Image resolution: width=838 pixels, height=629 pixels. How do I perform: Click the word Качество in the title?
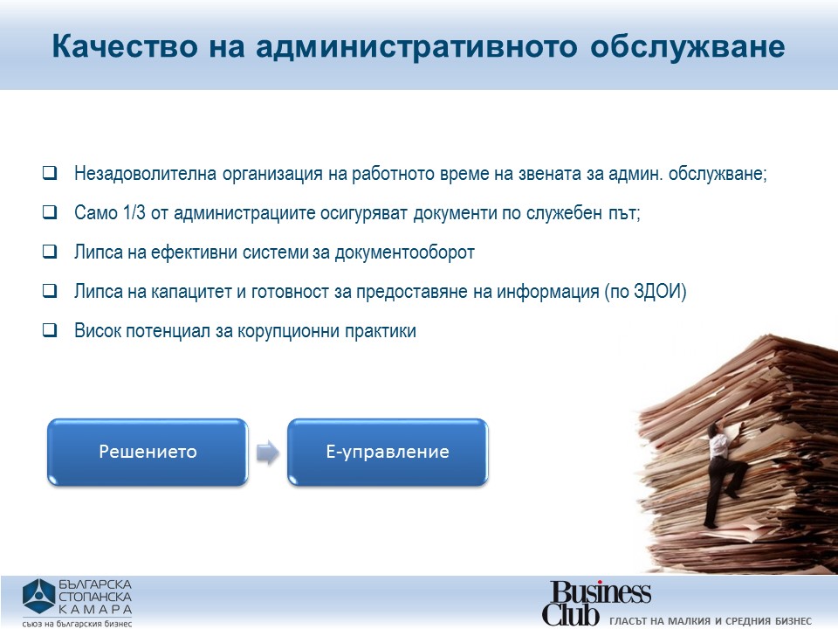tap(125, 46)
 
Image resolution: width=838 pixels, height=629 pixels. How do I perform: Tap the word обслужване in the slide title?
tap(688, 47)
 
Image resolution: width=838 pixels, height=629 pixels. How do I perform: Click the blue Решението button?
tap(148, 452)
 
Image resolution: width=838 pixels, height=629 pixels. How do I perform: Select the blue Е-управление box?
tap(388, 452)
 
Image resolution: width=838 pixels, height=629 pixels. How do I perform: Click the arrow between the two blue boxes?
tap(268, 453)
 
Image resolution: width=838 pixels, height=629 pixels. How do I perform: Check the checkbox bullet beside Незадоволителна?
tap(50, 173)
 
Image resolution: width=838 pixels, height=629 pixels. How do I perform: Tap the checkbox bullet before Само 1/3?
tap(50, 212)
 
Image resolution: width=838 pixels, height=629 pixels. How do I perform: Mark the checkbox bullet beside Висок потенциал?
tap(50, 330)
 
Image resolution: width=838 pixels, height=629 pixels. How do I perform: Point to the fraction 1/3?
tap(134, 212)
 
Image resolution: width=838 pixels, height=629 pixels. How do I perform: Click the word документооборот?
tap(404, 252)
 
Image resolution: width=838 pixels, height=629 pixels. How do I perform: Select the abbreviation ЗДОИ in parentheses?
tap(657, 292)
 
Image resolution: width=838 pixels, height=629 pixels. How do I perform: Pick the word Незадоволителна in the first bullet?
tap(146, 173)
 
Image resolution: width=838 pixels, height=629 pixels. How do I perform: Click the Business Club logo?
tap(597, 603)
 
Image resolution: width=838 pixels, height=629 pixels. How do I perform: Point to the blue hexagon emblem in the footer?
tap(38, 597)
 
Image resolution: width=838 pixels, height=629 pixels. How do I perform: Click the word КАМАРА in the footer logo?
tap(95, 609)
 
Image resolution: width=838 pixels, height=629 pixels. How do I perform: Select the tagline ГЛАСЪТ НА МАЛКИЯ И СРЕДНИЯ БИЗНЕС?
tap(711, 621)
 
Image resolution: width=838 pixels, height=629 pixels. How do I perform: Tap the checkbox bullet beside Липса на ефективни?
tap(50, 252)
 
